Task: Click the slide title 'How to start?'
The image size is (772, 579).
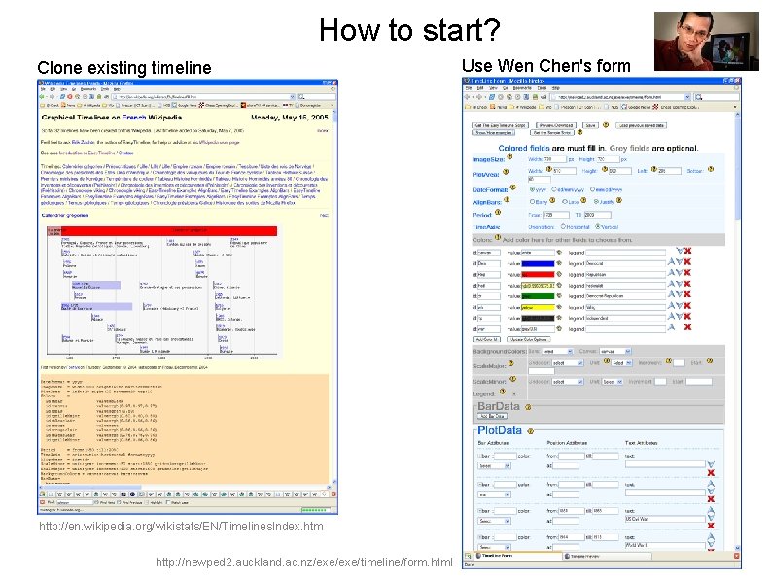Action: [409, 30]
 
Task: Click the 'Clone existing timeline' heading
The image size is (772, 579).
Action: [123, 67]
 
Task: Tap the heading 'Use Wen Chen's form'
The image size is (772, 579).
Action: [545, 65]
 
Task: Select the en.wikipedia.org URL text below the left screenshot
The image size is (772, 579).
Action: [181, 526]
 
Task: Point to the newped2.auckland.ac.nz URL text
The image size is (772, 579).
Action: [303, 562]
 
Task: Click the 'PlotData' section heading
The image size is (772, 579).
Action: [500, 430]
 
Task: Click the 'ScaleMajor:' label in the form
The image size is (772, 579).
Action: [490, 367]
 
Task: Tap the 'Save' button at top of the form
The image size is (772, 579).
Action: [590, 125]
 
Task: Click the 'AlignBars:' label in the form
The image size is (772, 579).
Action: [487, 200]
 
